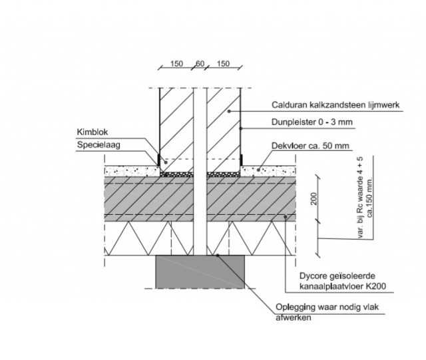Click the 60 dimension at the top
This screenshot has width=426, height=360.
click(200, 64)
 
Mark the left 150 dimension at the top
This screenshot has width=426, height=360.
click(176, 64)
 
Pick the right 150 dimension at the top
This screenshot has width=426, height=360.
click(223, 64)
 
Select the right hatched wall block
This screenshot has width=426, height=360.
click(223, 126)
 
